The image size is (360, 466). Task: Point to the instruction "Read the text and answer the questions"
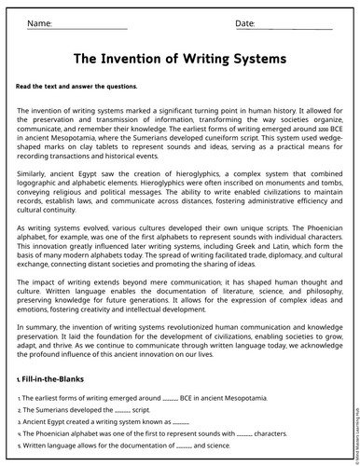(76, 86)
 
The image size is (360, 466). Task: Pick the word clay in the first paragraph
(97, 143)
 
